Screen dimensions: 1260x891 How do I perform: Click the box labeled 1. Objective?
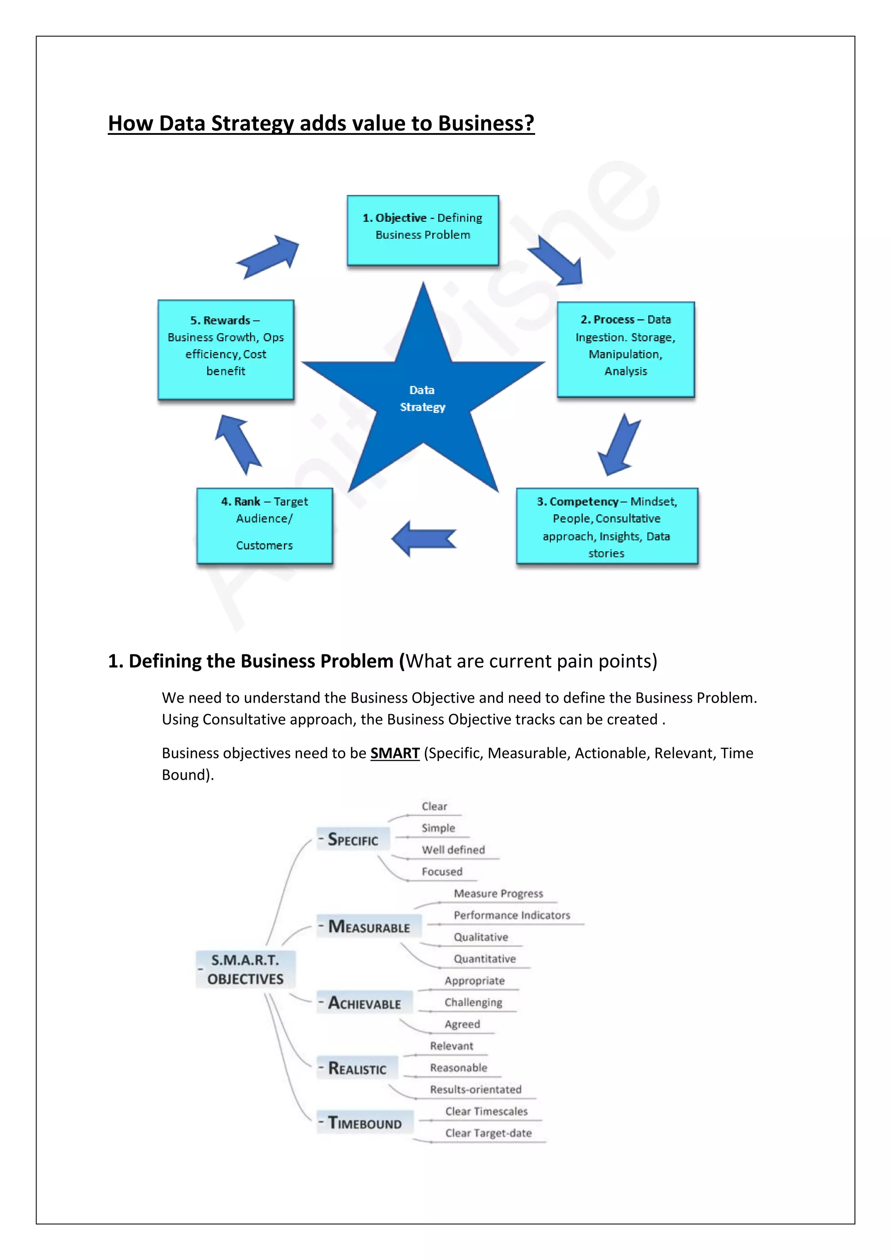(422, 231)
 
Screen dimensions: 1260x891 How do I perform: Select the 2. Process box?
(626, 349)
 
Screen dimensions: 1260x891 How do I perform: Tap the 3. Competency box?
(607, 526)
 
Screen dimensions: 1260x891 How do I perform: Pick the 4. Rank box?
(265, 525)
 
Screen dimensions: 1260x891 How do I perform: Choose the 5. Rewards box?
(225, 349)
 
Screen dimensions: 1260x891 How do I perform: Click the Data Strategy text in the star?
(422, 399)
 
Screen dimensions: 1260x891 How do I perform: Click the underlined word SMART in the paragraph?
(395, 753)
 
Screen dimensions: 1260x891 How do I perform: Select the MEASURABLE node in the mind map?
(368, 926)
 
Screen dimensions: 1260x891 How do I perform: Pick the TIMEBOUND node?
(365, 1123)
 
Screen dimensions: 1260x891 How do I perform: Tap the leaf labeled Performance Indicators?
(511, 915)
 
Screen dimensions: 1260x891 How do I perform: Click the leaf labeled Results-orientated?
(475, 1089)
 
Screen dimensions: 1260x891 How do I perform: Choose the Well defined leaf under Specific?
(453, 850)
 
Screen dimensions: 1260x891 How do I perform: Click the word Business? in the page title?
(486, 124)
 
